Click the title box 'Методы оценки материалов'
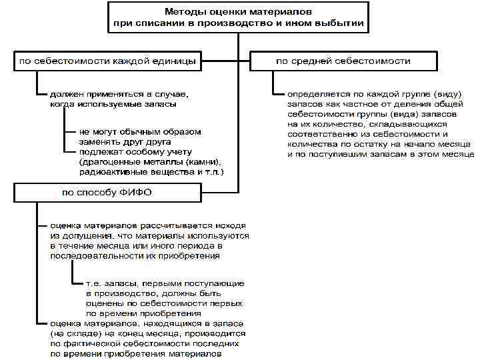tap(238, 18)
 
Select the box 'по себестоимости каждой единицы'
tap(107, 61)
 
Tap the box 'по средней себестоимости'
tap(343, 61)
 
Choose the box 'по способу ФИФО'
tap(107, 193)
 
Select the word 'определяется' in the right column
tap(313, 95)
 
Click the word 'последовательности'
tap(93, 255)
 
